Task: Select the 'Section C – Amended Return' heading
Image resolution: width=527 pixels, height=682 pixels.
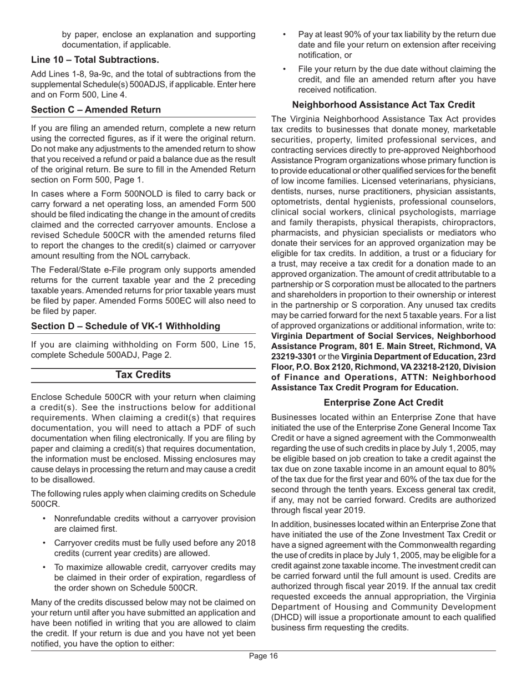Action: point(96,110)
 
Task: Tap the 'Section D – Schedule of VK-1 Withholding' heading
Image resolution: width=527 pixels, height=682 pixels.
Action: point(118,325)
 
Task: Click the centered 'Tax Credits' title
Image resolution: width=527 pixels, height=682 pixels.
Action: point(143,375)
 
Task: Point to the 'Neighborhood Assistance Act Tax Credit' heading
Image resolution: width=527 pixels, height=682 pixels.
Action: point(383,104)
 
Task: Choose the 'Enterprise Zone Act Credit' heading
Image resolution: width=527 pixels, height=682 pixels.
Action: point(383,402)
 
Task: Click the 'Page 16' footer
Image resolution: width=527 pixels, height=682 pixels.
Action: point(263,656)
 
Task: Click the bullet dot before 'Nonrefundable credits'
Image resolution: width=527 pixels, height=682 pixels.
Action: point(44,519)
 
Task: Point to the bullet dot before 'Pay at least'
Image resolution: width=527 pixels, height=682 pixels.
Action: point(285,34)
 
